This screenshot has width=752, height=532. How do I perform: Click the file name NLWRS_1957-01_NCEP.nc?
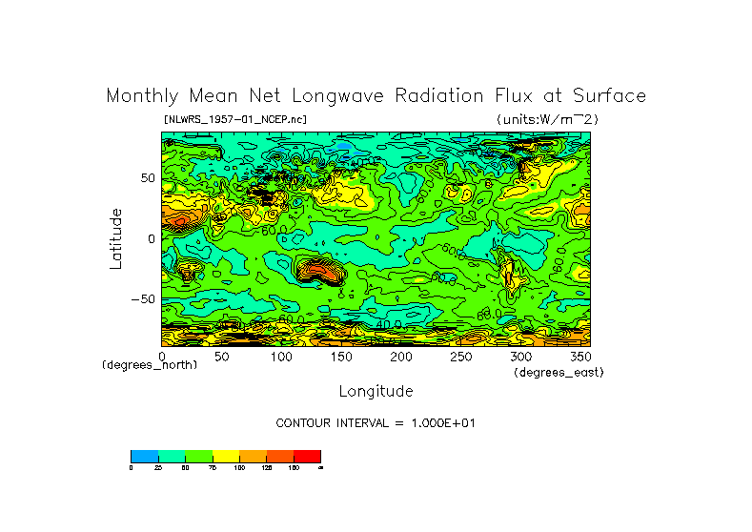[235, 119]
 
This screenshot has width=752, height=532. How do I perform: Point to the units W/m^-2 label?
[547, 119]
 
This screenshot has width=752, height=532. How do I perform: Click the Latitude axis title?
[115, 238]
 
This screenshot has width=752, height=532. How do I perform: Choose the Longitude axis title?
[376, 391]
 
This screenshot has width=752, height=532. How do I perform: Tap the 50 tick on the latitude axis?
[147, 178]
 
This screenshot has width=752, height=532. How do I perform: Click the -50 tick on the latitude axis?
[142, 299]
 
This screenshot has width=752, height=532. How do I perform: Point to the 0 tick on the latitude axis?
[151, 239]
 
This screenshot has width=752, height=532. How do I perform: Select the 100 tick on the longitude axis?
[280, 357]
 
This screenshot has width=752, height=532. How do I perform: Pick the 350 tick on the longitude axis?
[579, 357]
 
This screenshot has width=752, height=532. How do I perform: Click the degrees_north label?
[150, 366]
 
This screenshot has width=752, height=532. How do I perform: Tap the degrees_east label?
[559, 373]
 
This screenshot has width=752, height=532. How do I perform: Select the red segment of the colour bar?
[307, 456]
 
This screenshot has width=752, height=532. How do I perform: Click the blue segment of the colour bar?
[144, 456]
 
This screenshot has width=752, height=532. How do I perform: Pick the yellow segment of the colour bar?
[225, 456]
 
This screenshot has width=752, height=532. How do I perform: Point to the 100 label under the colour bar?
[238, 468]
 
